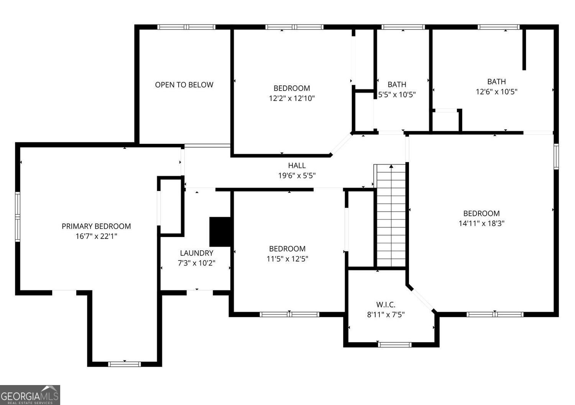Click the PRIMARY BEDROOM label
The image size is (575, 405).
pyautogui.click(x=96, y=226)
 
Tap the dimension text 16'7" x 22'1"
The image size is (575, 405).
pyautogui.click(x=96, y=236)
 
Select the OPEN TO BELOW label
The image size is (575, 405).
pyautogui.click(x=184, y=85)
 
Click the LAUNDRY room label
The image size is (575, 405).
pyautogui.click(x=197, y=253)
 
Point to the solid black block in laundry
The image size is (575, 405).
pyautogui.click(x=220, y=232)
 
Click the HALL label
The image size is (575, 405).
pyautogui.click(x=297, y=165)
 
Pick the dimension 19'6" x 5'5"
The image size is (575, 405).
pyautogui.click(x=297, y=176)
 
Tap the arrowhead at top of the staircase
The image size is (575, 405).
pyautogui.click(x=391, y=166)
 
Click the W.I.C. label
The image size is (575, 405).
pyautogui.click(x=386, y=305)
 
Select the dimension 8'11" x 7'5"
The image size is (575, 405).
pyautogui.click(x=386, y=315)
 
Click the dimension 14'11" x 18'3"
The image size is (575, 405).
pyautogui.click(x=481, y=224)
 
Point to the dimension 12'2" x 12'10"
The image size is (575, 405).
pyautogui.click(x=292, y=99)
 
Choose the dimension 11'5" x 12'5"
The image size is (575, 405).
pyautogui.click(x=287, y=259)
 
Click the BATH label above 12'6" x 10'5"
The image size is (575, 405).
pyautogui.click(x=496, y=82)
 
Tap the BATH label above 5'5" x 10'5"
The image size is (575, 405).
pyautogui.click(x=397, y=84)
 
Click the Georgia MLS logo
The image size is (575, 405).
pyautogui.click(x=30, y=395)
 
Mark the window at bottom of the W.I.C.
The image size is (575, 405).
pyautogui.click(x=395, y=344)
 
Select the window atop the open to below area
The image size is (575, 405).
pyautogui.click(x=186, y=27)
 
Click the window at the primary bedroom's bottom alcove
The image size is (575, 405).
pyautogui.click(x=124, y=364)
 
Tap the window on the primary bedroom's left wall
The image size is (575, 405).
pyautogui.click(x=18, y=217)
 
